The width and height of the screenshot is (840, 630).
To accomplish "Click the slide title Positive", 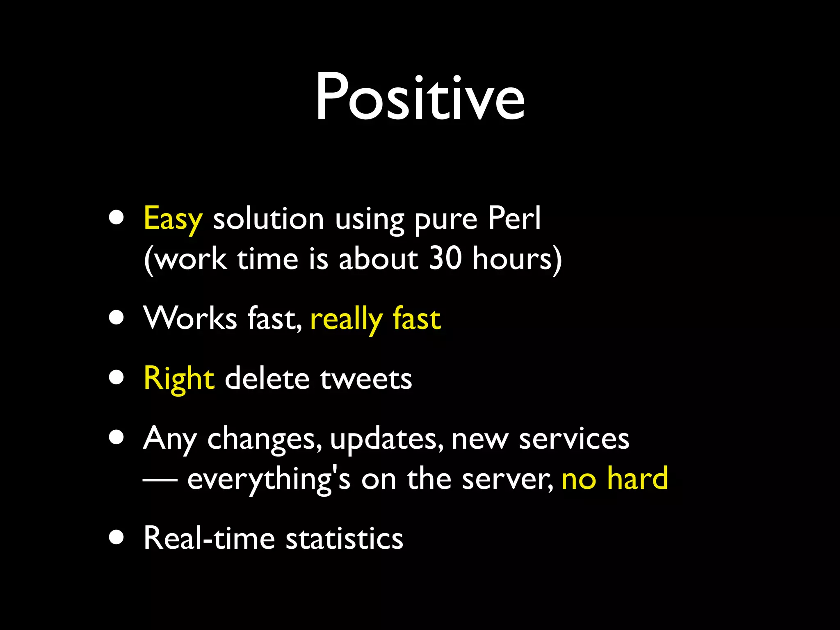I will (420, 98).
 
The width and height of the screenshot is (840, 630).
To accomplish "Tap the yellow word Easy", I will (173, 219).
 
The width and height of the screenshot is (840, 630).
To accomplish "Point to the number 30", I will (445, 259).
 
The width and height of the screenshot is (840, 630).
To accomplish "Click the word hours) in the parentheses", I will (517, 259).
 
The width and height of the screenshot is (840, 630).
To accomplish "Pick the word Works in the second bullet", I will (190, 318).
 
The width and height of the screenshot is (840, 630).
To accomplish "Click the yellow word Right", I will (179, 379).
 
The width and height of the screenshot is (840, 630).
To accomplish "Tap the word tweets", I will (366, 379).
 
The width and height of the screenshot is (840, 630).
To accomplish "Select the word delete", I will (267, 379).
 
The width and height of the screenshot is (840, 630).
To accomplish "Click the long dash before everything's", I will (160, 479).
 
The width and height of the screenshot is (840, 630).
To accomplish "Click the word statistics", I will (344, 538).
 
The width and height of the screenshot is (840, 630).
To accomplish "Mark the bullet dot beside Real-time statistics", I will (116, 538).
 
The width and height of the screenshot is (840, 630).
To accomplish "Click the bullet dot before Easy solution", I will (116, 218).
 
